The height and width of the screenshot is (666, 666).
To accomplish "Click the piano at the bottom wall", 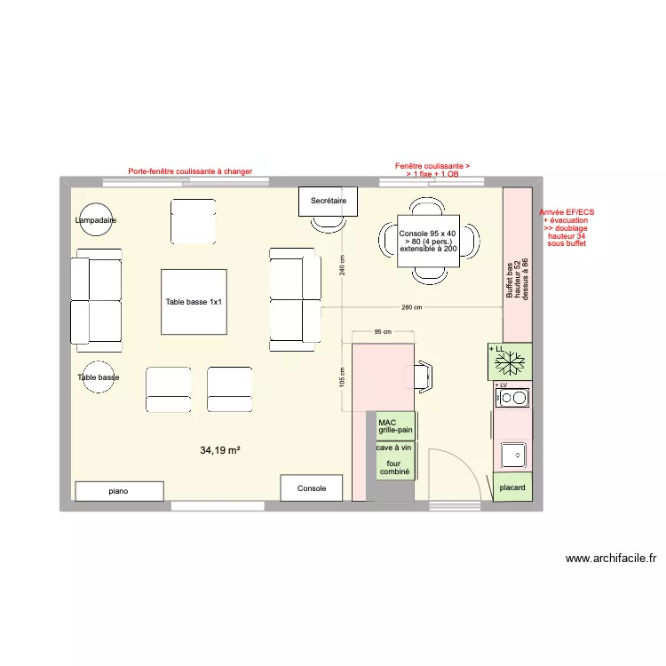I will [119, 491].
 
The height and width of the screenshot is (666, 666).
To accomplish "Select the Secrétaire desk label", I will [328, 202].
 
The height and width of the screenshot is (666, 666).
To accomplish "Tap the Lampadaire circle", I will [96, 219].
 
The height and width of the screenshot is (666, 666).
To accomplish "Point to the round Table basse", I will [98, 377].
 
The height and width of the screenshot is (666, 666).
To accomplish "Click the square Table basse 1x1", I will [194, 302].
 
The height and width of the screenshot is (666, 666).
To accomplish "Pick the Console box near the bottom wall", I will [312, 488].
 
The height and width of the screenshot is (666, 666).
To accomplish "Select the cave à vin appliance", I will [395, 448].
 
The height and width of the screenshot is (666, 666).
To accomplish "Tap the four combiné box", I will [395, 468].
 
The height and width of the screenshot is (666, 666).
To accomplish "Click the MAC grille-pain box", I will [395, 426].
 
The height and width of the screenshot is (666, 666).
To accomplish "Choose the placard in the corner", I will [512, 488].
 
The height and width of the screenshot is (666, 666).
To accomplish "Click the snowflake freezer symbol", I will [510, 362].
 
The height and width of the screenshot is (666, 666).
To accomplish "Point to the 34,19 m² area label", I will [220, 450].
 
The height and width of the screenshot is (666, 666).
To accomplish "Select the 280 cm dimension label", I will [411, 307].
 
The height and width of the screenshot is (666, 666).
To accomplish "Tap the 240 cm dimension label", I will [342, 264].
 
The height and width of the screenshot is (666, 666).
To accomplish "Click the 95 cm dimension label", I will [383, 331].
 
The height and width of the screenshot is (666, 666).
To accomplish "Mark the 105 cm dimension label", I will [342, 377].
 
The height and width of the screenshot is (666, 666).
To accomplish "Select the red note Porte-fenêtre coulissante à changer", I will [190, 171].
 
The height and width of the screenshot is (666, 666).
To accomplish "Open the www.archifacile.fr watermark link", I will [611, 559].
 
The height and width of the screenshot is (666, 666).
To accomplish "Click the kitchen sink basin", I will [513, 456].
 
